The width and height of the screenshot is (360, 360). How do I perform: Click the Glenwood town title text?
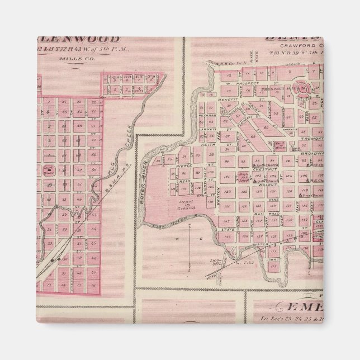(x=84, y=40)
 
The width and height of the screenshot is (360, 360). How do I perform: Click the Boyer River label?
(x=146, y=174)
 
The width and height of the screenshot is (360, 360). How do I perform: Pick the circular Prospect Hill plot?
(x=302, y=88)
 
